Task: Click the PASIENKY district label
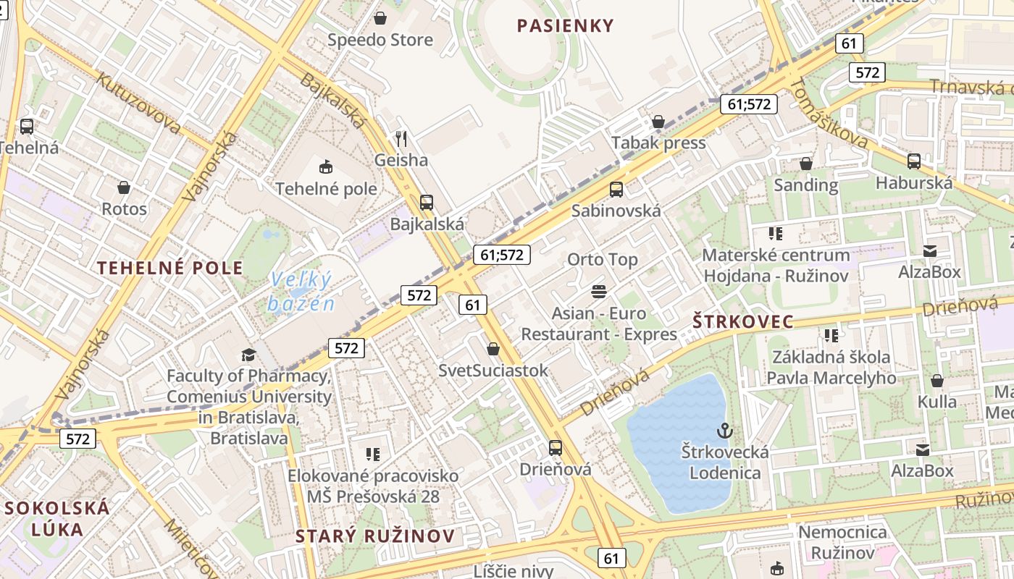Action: (565, 26)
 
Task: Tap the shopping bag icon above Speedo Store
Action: (380, 18)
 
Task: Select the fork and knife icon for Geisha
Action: (401, 138)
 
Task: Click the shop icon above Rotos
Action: (124, 187)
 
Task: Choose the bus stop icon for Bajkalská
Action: (427, 203)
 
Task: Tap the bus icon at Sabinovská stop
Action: (616, 190)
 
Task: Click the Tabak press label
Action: (658, 143)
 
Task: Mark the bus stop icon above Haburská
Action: (914, 161)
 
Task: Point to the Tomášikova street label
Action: (829, 114)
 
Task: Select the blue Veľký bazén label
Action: (301, 291)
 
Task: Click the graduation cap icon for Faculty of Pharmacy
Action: (249, 355)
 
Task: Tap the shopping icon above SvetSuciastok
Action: (493, 349)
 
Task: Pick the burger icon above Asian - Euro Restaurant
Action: (599, 292)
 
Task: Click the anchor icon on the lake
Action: (724, 431)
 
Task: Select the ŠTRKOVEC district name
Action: (743, 322)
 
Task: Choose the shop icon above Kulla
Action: (937, 381)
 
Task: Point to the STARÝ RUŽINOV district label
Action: (376, 536)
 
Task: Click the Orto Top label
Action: (603, 259)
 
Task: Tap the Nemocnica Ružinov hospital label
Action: (842, 543)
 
